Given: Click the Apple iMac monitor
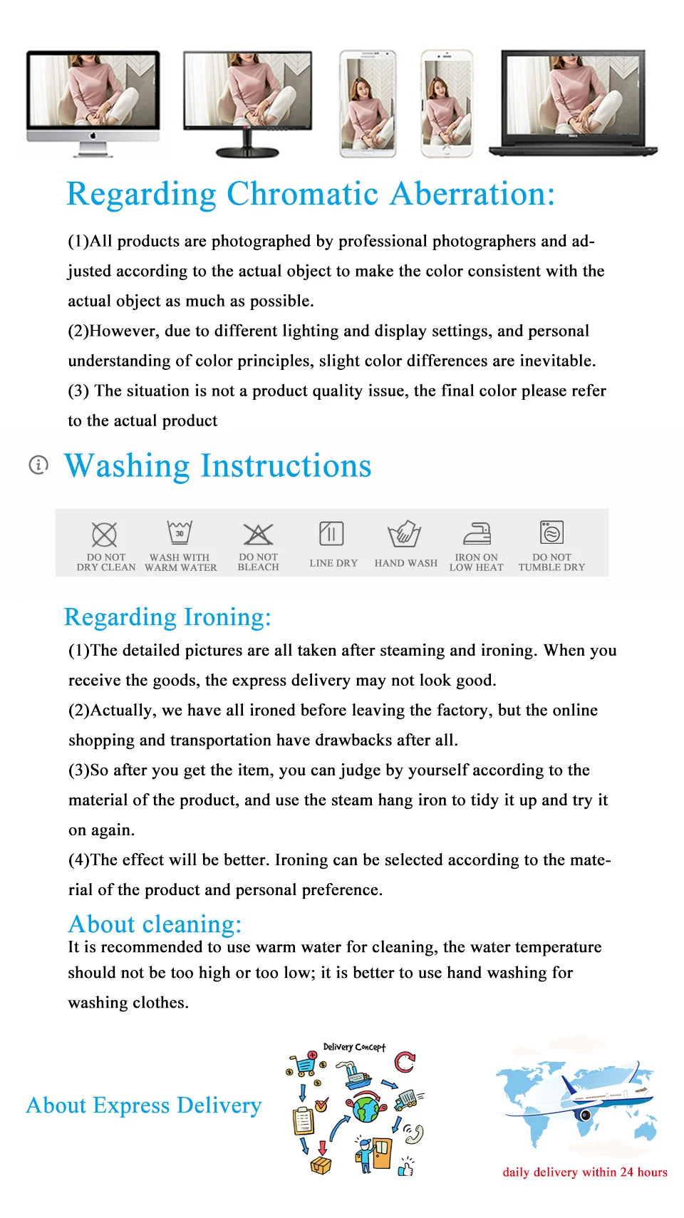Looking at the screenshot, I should tap(93, 100).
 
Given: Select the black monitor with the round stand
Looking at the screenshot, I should tap(247, 100).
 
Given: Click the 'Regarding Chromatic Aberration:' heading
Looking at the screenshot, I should tap(310, 194).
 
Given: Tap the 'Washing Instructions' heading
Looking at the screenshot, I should tap(217, 466).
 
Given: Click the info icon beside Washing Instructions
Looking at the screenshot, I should tap(38, 465).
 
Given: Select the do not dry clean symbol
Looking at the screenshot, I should tap(104, 534).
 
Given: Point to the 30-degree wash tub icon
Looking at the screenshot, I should tap(180, 532).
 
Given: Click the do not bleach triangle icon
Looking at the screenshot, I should tap(258, 534).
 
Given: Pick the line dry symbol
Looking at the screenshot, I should tap(331, 533).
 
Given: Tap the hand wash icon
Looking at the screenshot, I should tap(404, 534).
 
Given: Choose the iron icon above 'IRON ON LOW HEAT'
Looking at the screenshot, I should tap(477, 533).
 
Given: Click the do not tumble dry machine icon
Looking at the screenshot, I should tap(551, 532).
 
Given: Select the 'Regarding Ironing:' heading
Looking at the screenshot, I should tap(167, 616).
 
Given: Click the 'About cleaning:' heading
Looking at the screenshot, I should tap(155, 924).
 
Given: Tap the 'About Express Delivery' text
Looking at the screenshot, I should tap(144, 1105).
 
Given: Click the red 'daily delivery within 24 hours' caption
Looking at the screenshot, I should tap(585, 1172).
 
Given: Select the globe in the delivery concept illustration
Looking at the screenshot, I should tap(366, 1109).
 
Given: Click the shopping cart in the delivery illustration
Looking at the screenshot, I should tap(305, 1063).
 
